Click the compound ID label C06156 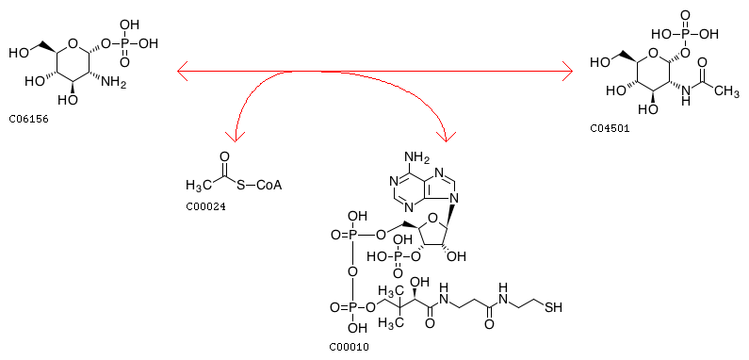point(28,119)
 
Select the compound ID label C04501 point(610,127)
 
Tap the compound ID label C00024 point(205,207)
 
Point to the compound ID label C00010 point(350,347)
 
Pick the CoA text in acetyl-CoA point(269,185)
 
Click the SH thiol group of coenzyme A point(554,307)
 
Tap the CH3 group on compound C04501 point(726,90)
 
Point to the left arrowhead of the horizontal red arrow point(182,72)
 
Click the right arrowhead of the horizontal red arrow point(567,72)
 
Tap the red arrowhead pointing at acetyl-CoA point(235,138)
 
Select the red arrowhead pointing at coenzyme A point(447,137)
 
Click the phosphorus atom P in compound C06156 point(124,43)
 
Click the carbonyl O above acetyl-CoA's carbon point(225,156)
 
